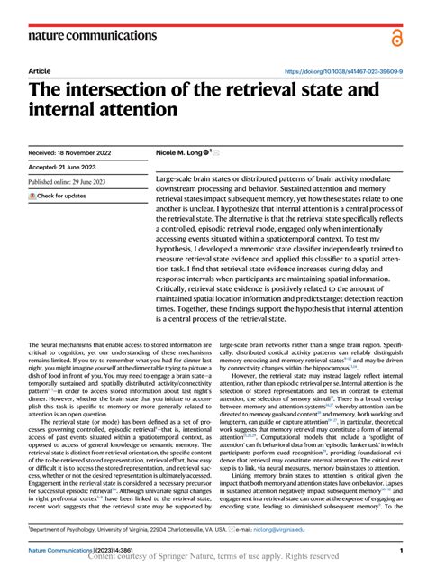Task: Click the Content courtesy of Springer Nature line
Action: [213, 558]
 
